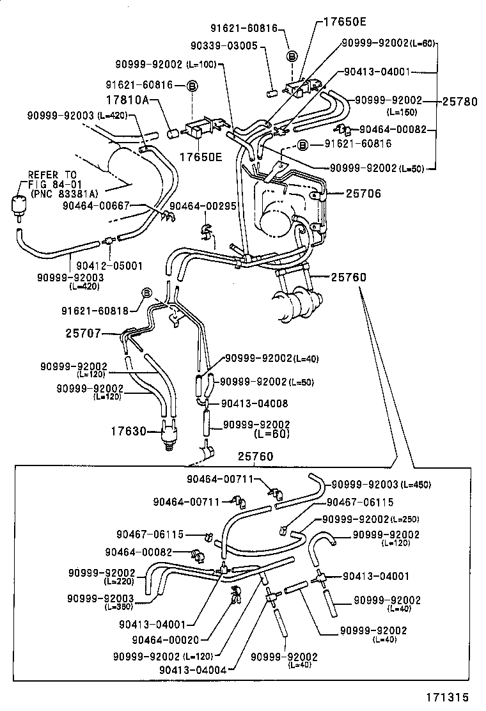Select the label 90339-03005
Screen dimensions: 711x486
point(233,45)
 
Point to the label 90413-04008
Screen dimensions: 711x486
point(255,403)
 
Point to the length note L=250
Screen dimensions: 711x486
point(404,519)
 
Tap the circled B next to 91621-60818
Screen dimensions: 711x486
point(146,293)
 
